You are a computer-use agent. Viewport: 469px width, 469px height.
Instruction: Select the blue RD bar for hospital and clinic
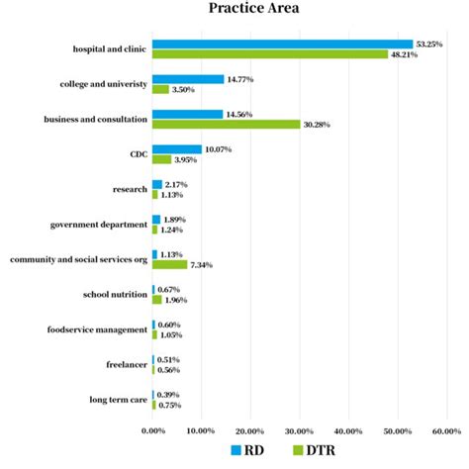point(282,44)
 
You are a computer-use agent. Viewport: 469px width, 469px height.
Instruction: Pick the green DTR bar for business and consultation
point(226,124)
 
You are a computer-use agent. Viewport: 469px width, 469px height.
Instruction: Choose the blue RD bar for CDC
point(176,149)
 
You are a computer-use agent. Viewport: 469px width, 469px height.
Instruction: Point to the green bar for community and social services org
point(169,264)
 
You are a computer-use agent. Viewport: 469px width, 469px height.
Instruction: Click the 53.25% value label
point(430,44)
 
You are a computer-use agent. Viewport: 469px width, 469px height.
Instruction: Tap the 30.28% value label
point(320,124)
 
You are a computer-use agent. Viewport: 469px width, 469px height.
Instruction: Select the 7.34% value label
point(204,264)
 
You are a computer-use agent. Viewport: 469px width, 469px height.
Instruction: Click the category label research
point(131,189)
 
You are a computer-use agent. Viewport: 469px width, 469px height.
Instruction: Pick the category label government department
point(99,225)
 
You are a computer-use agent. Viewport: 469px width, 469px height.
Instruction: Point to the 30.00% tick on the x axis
point(299,430)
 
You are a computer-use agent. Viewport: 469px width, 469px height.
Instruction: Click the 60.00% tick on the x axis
point(445,430)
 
